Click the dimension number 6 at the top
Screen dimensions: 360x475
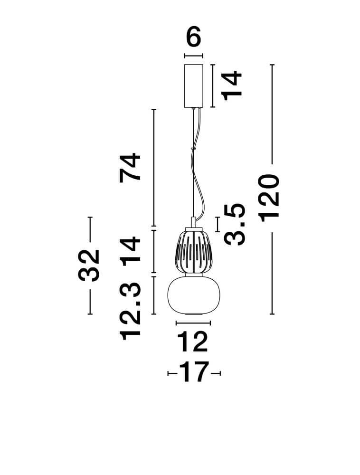tap(193, 37)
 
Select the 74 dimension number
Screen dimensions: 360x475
tap(130, 168)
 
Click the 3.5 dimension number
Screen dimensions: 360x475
tap(234, 224)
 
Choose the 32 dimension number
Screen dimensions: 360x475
tap(89, 266)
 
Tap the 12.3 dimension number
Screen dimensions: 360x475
tap(131, 312)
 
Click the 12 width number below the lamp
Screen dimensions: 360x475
tap(193, 342)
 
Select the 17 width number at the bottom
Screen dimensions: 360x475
tap(194, 372)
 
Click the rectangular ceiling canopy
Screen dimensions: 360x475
tap(194, 85)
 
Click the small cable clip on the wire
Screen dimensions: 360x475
tap(192, 149)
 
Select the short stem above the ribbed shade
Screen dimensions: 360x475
tap(193, 221)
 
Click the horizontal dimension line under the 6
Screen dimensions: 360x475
tap(193, 56)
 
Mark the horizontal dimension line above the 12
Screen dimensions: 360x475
tap(193, 323)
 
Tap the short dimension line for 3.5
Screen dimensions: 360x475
tap(217, 224)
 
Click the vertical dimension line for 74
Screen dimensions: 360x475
tap(154, 168)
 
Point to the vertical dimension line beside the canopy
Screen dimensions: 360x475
tap(213, 85)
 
